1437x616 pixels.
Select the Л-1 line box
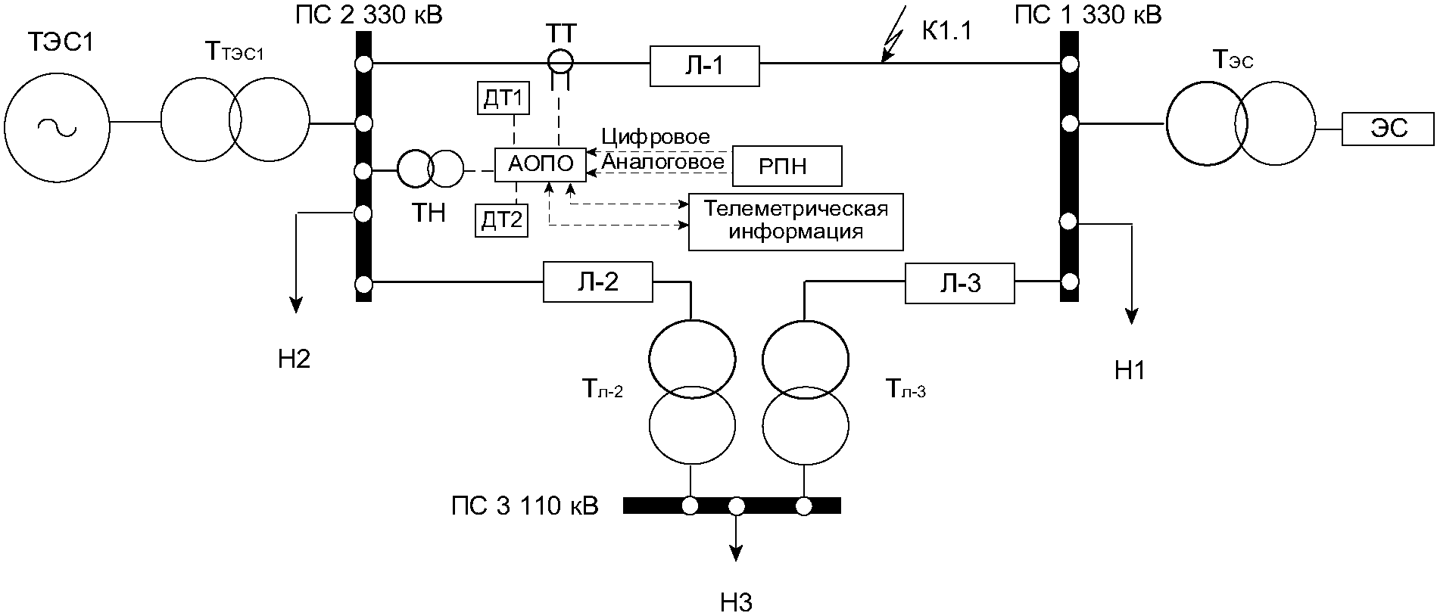point(704,66)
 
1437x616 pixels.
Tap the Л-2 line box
point(597,282)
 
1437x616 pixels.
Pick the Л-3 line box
point(959,284)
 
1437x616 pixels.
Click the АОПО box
point(540,163)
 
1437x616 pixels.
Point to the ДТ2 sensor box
point(502,220)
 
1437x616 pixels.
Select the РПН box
point(787,166)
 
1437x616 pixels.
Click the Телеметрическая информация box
point(796,222)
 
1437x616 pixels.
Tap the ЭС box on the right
point(1389,129)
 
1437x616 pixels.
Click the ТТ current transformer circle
point(562,59)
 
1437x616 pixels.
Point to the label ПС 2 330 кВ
point(369,14)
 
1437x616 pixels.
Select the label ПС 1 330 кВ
point(1087,14)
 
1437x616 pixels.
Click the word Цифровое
point(656,137)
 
